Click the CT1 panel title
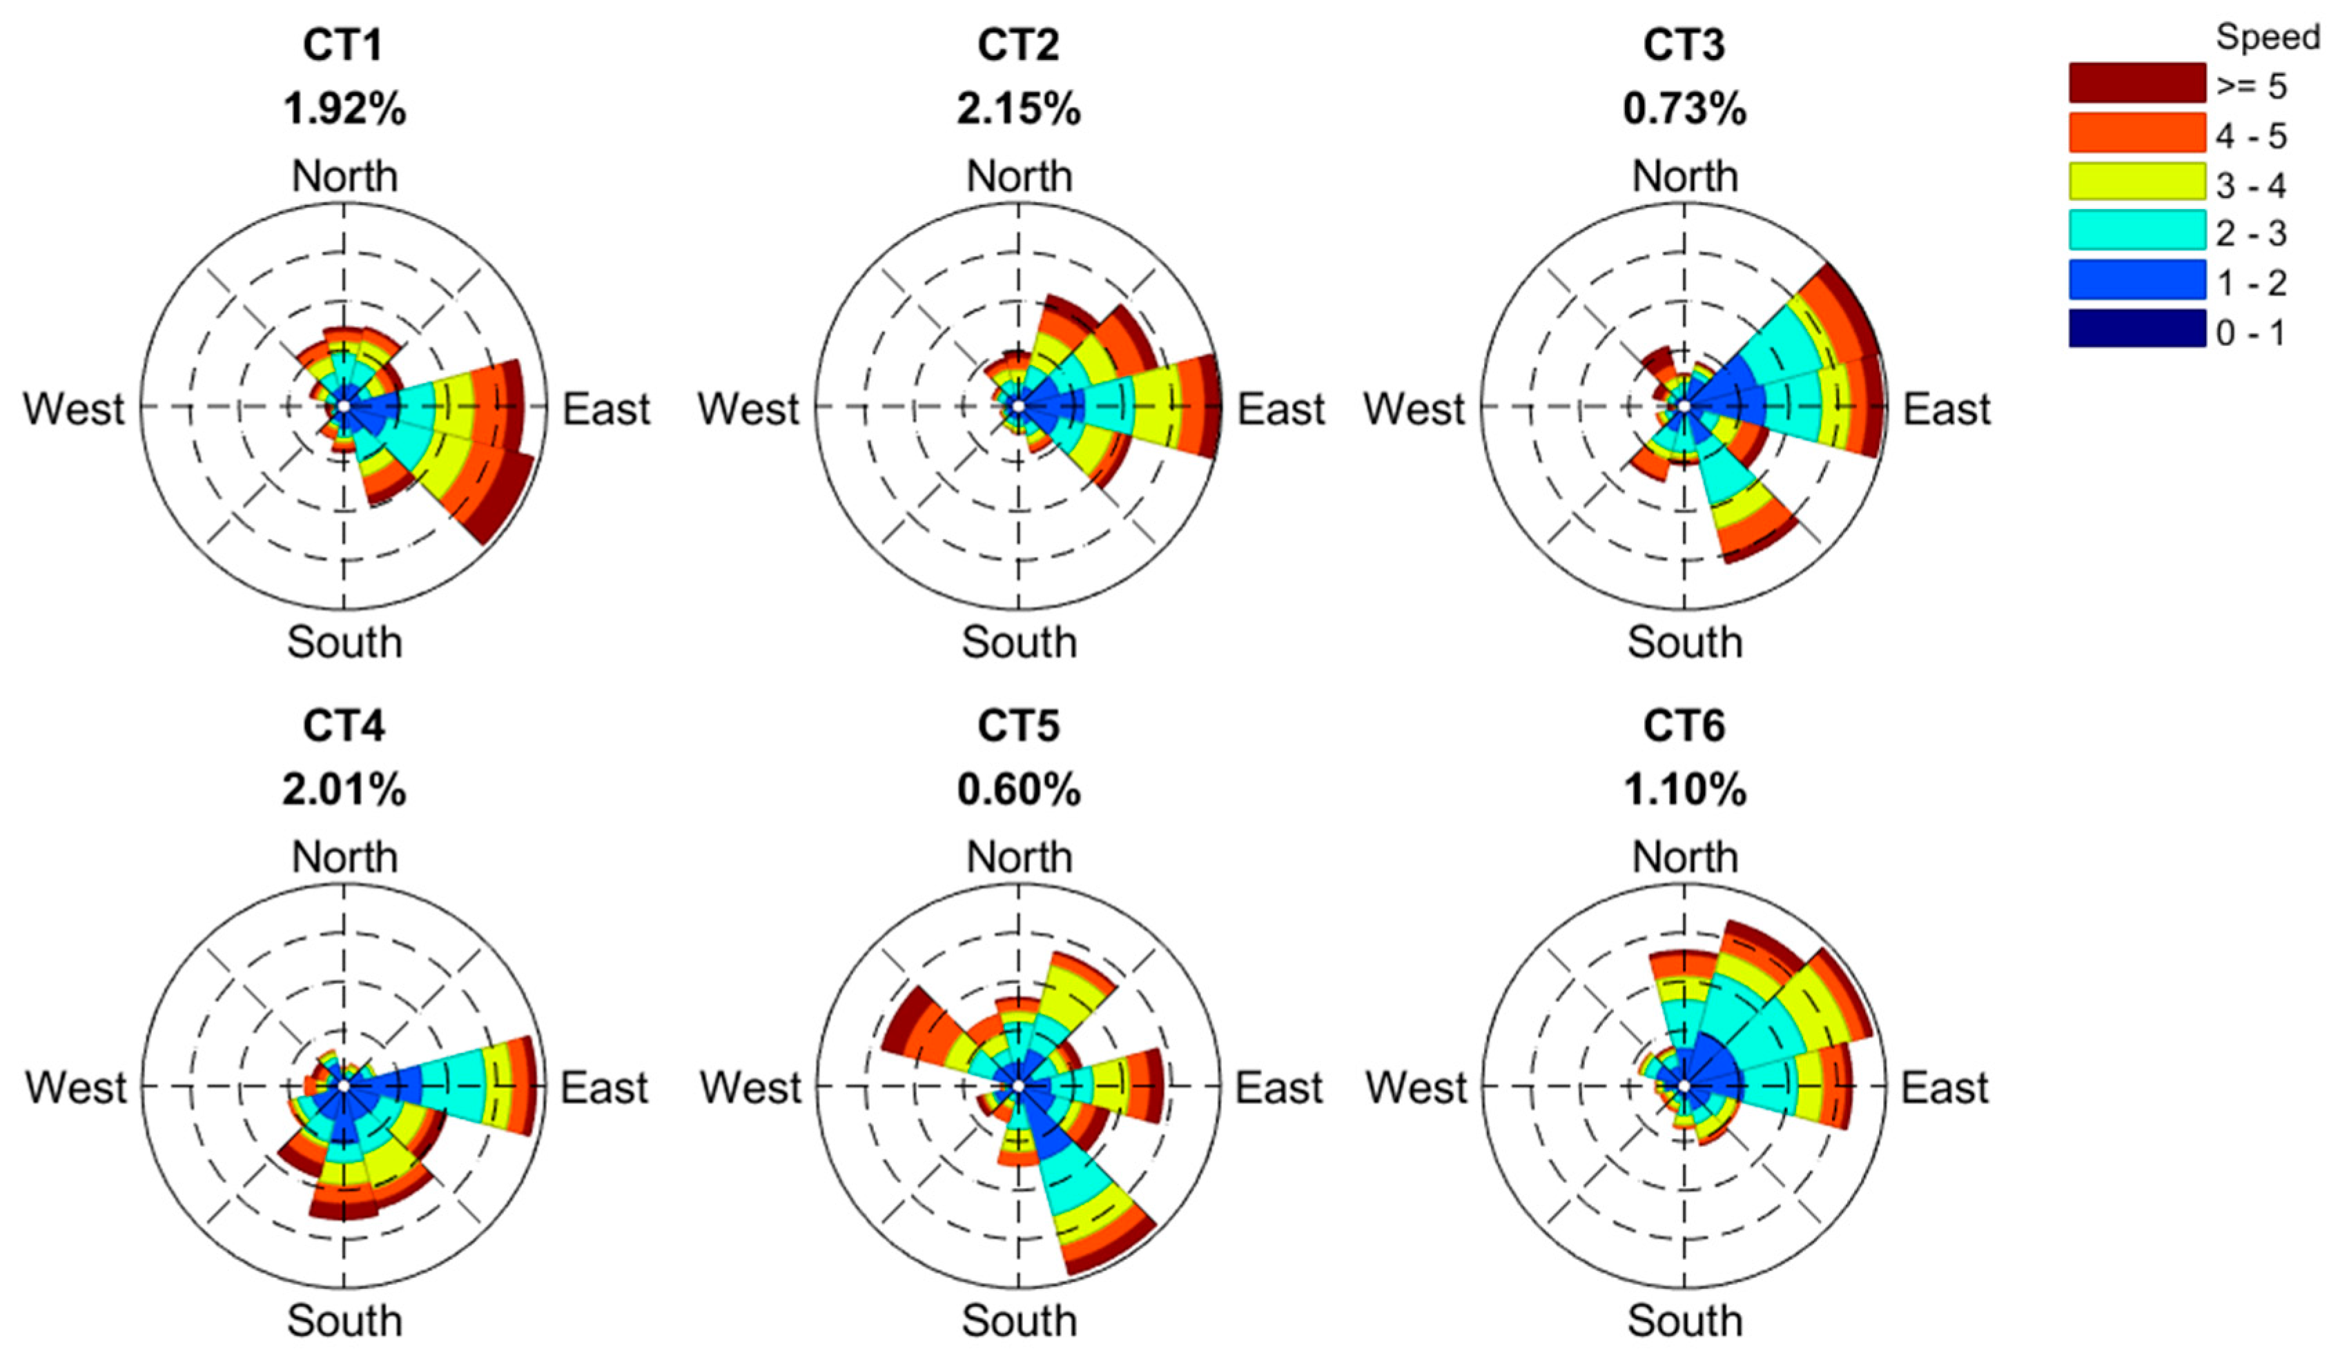point(343,46)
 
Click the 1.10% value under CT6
point(1684,790)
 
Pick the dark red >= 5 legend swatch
point(2136,83)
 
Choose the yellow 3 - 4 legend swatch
point(2136,181)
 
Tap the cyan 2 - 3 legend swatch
point(2136,230)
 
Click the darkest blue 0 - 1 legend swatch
point(2136,328)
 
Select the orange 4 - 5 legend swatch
point(2136,132)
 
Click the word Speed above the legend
point(2268,37)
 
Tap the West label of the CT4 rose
point(76,1087)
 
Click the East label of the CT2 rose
point(1280,409)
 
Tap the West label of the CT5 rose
point(750,1087)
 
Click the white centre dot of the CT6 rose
point(1684,1085)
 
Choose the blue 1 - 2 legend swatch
point(2136,279)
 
